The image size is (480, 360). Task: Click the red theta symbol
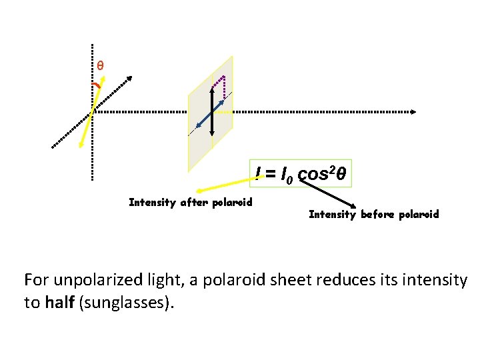click(100, 65)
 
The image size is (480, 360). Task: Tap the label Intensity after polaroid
click(191, 202)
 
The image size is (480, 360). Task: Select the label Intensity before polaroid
click(374, 214)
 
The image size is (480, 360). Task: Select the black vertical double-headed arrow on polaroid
click(212, 113)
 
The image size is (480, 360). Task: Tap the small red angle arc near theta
click(97, 86)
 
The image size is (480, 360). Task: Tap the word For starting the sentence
click(35, 280)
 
